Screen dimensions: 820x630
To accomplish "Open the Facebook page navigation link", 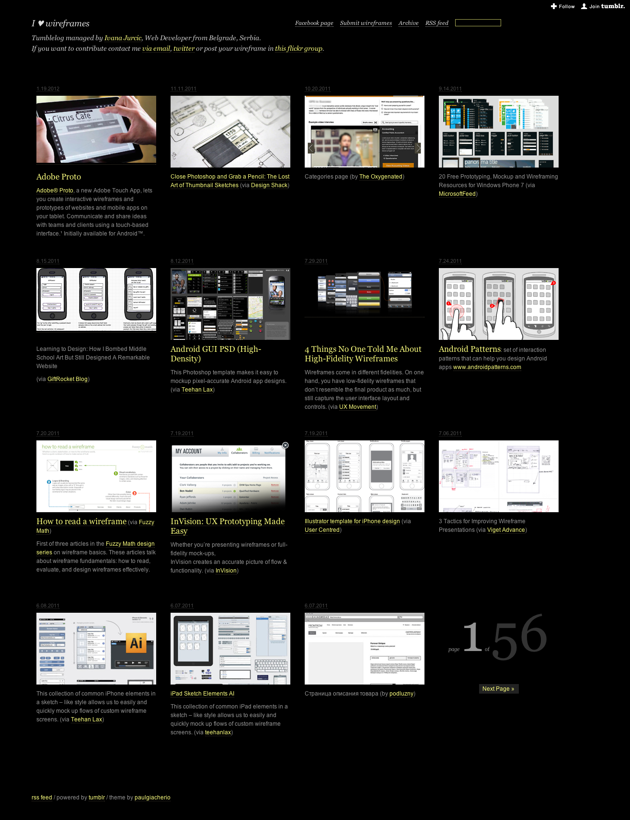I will pos(314,23).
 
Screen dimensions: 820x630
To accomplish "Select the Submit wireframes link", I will pos(366,23).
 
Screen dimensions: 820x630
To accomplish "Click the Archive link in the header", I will pos(408,23).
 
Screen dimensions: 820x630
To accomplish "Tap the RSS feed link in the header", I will pos(436,23).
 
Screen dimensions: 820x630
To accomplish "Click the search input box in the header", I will pos(478,23).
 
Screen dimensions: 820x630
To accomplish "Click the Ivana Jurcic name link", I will pos(123,38).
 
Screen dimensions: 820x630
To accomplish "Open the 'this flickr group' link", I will pos(298,49).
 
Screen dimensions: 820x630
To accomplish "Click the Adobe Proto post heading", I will pos(58,177).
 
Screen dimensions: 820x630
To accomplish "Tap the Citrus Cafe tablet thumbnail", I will pos(96,129).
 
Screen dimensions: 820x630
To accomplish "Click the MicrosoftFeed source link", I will pos(457,194).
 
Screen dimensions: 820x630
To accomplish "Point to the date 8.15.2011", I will pos(48,261).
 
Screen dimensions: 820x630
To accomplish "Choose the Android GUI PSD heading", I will pos(216,354).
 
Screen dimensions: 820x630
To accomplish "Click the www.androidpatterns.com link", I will pos(487,368).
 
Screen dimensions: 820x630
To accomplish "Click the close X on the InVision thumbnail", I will pos(286,445).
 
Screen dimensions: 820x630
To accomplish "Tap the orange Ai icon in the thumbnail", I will pos(136,643).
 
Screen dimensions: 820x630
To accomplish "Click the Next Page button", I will pos(498,689).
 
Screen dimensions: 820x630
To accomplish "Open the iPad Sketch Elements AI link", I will pos(202,694).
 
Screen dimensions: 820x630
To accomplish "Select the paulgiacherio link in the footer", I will pos(152,798).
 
